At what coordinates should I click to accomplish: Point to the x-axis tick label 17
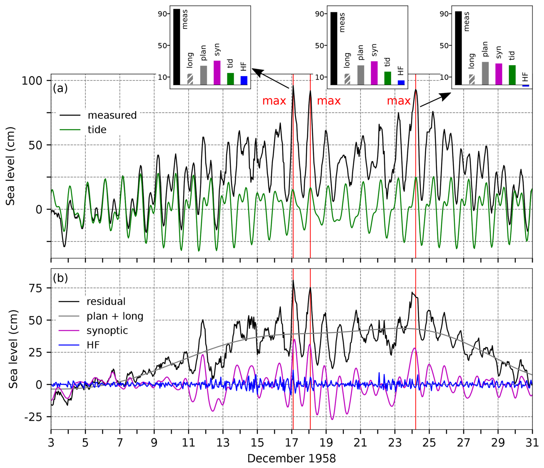coord(292,442)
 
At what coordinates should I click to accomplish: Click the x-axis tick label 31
coord(532,442)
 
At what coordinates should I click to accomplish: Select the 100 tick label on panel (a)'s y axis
coord(32,81)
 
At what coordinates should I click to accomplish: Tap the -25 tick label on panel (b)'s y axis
coord(33,417)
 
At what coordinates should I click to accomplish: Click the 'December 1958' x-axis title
coord(291,459)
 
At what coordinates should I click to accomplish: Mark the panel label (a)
coord(60,88)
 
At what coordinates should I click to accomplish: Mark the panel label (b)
coord(60,278)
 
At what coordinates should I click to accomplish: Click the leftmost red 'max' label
coord(274,101)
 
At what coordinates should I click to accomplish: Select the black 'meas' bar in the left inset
coord(177,47)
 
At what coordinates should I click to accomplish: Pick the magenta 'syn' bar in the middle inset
coord(374,73)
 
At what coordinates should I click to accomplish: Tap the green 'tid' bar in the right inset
coord(512,75)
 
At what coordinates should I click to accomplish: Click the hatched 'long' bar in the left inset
coord(190,79)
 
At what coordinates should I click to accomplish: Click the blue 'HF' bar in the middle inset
coord(401,83)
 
